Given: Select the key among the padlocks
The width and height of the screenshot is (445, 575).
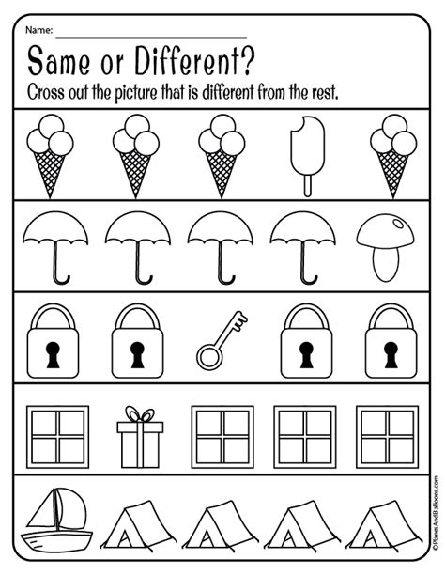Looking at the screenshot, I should (x=222, y=341).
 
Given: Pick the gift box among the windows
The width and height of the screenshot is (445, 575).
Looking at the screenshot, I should (x=139, y=437).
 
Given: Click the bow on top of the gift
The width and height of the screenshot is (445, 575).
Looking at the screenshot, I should (x=139, y=415).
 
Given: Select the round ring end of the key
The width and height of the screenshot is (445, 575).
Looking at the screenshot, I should (x=207, y=357).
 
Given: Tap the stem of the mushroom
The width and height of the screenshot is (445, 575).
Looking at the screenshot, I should (x=386, y=262).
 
